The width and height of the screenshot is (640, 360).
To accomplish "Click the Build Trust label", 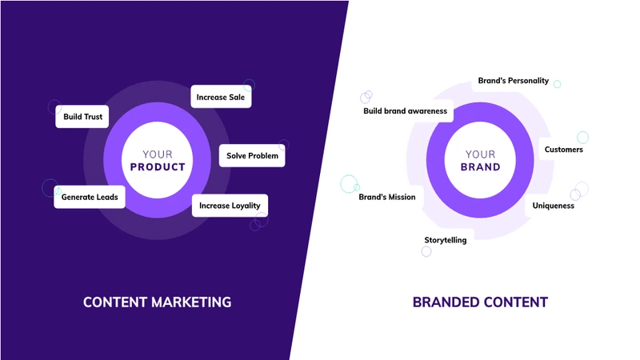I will tap(82, 117).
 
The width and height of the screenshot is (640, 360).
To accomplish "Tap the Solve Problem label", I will tap(252, 155).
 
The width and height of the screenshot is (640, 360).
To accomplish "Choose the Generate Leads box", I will tap(90, 195).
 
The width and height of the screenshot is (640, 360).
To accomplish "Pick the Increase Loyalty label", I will tap(230, 206).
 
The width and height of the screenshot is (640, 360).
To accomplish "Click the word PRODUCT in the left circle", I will tap(158, 167).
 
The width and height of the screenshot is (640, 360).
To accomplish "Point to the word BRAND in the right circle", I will tap(480, 167).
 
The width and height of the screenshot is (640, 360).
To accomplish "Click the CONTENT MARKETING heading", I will tap(158, 302).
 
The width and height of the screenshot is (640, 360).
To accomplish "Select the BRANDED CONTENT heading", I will tap(480, 302).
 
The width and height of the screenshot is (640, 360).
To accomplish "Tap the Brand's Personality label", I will tap(513, 81).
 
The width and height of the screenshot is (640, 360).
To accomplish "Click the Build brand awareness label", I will tap(405, 111).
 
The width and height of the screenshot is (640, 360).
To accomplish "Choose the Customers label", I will tap(564, 150).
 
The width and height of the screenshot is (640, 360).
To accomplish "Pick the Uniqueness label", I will tap(554, 206).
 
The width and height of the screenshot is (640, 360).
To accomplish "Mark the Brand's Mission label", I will tap(386, 197).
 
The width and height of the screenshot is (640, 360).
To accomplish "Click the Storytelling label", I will tap(446, 240).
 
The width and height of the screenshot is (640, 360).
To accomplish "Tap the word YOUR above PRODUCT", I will tap(158, 154).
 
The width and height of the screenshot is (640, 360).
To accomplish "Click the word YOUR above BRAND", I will tap(480, 154).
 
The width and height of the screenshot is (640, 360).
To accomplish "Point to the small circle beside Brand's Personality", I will tap(557, 84).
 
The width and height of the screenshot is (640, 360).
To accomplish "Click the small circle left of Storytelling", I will tap(426, 251).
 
